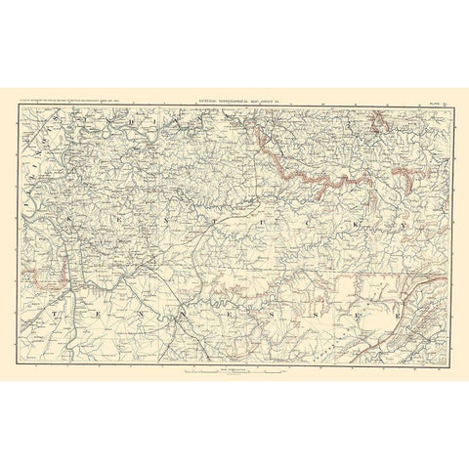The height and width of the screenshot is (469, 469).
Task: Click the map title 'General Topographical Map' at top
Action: click(x=234, y=98)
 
